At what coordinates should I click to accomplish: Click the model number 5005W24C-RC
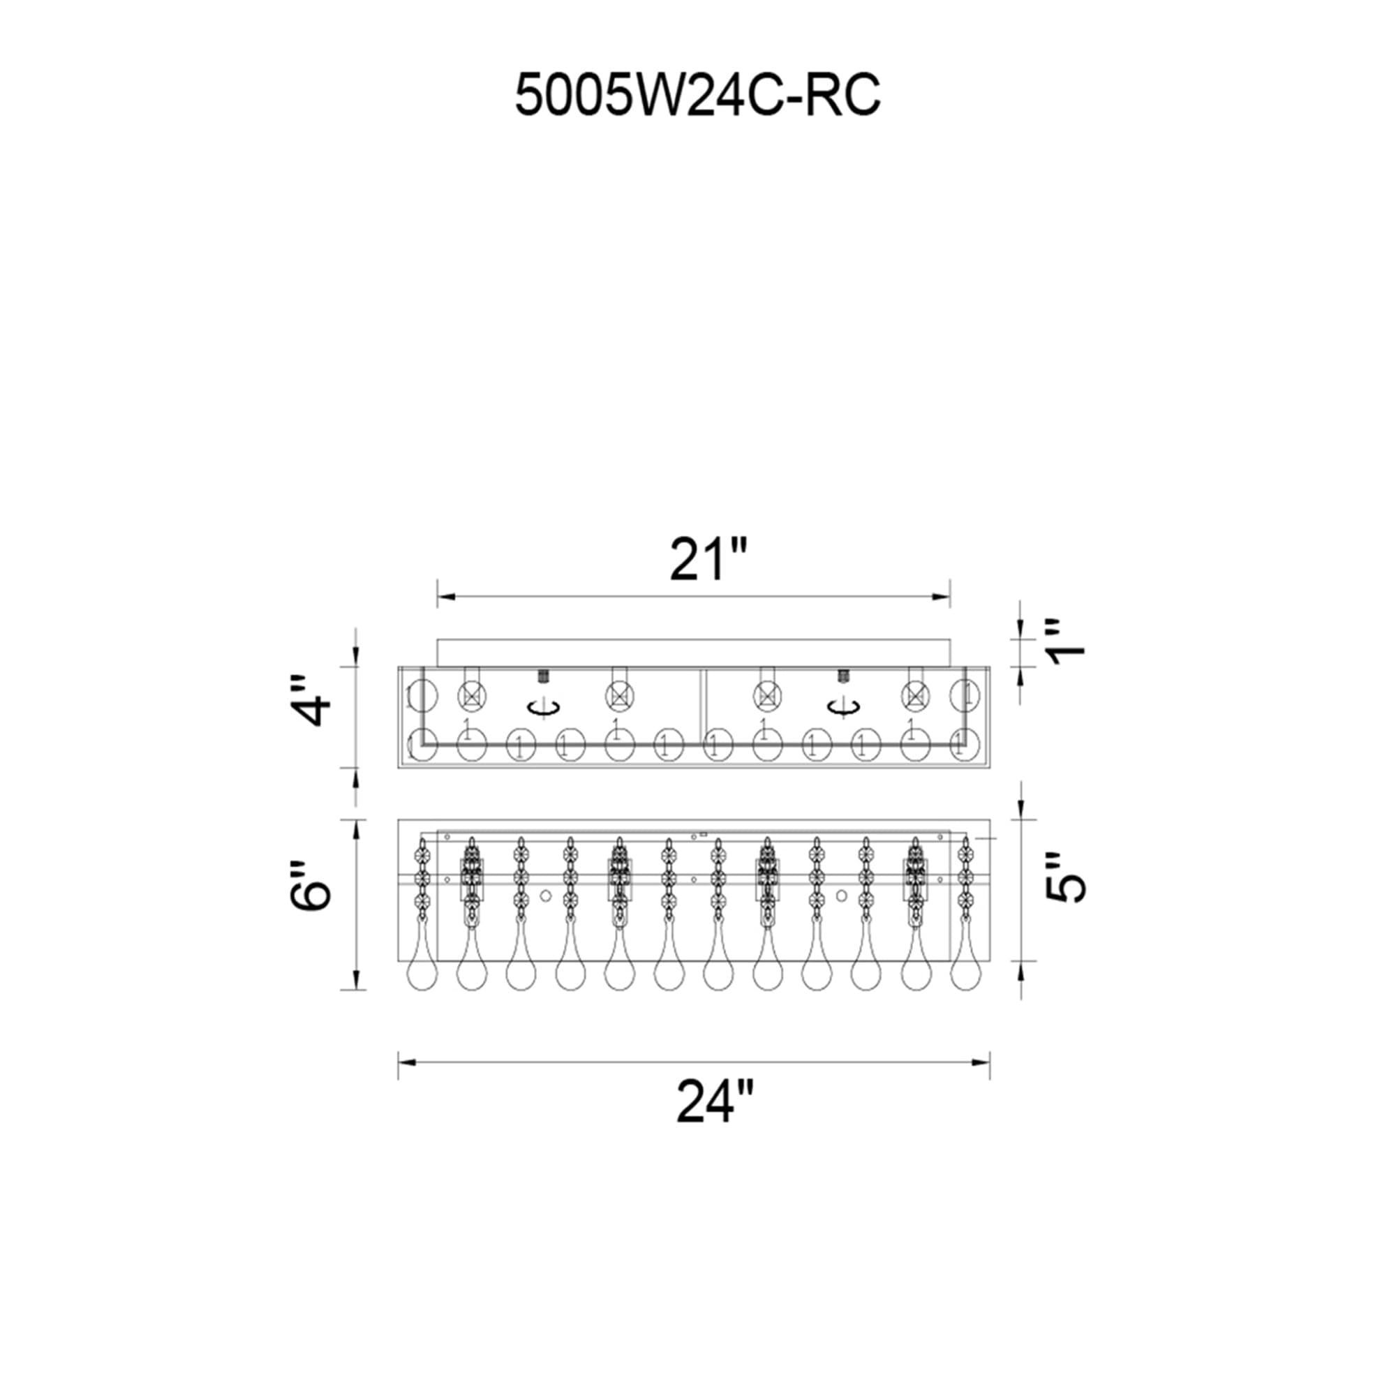tap(697, 96)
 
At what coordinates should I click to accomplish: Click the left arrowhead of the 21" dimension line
tap(446, 597)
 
